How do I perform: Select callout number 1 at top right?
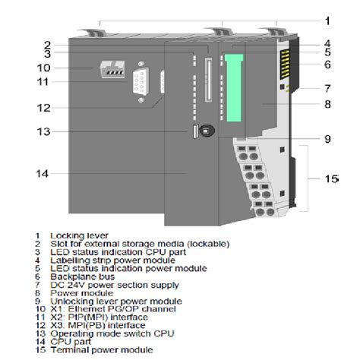point(327,21)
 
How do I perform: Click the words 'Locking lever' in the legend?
point(75,236)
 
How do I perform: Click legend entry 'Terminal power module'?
point(99,350)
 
